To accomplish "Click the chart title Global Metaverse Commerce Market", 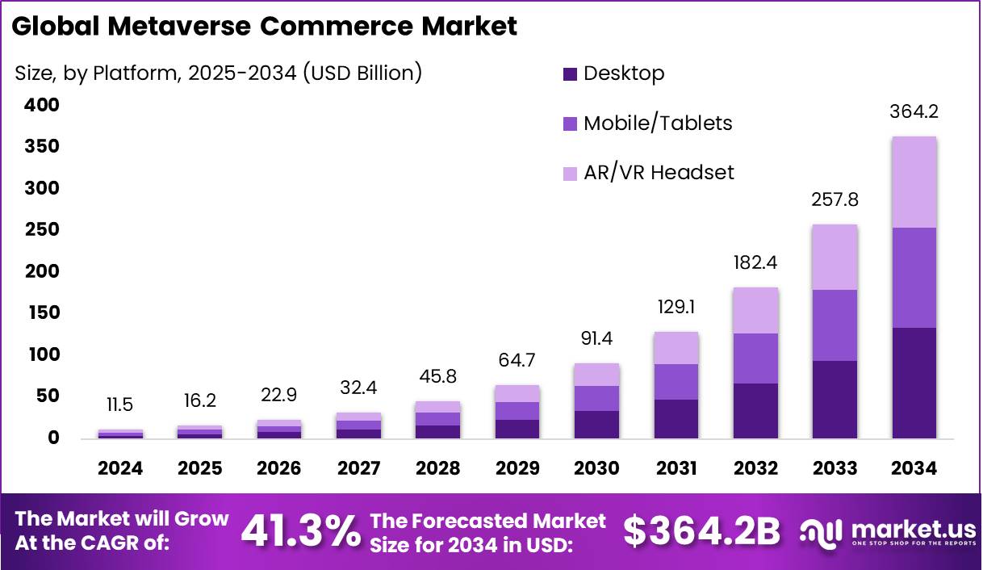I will tap(264, 26).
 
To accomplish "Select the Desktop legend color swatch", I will tap(571, 74).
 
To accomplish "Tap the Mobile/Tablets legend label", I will tap(658, 124).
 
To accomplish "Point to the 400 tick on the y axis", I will tap(41, 105).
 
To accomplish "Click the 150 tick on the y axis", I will tap(41, 313).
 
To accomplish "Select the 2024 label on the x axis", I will tap(121, 469).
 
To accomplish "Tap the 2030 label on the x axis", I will tap(597, 469).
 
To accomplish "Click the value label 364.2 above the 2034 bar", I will tap(914, 111).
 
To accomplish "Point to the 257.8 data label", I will tap(835, 199).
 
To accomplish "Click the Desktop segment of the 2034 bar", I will tap(914, 383).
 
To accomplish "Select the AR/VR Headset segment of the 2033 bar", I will tap(835, 257).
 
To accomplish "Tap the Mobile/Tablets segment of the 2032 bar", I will tap(755, 358).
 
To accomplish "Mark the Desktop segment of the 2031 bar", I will tap(676, 419).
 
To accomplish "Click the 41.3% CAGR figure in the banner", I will tap(300, 531).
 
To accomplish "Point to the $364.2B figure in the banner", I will tap(702, 531).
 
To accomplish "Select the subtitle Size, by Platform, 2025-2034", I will tap(218, 73).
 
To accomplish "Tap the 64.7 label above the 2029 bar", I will tap(518, 360).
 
